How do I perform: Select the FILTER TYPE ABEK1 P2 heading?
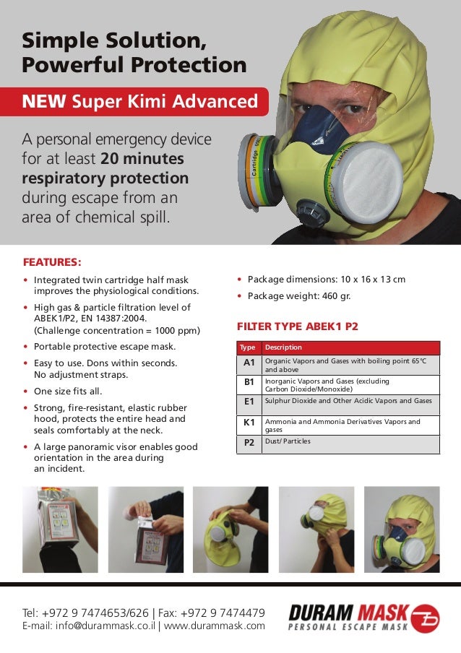click(297, 326)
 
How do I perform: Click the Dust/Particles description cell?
click(288, 441)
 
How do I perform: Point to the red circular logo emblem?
click(425, 618)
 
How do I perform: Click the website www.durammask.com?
click(215, 626)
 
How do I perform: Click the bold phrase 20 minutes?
click(142, 158)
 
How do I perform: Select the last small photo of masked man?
click(402, 529)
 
